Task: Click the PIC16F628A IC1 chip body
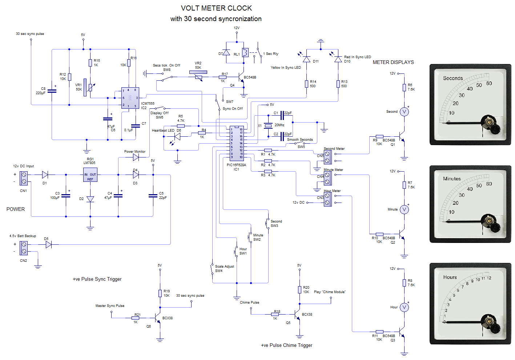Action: coord(236,143)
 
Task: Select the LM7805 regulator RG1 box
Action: coord(90,175)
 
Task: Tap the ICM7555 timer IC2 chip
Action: coord(130,98)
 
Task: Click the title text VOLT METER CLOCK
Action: coord(216,8)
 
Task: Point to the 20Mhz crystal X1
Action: coord(268,126)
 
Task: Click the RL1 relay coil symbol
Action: coord(245,53)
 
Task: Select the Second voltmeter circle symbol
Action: coord(404,112)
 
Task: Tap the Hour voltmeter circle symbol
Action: coord(404,307)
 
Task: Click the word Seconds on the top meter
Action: coord(452,78)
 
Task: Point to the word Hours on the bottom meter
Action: coord(450,277)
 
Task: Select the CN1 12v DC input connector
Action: coord(24,178)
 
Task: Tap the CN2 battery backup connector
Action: coord(24,248)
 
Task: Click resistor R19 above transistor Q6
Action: coord(160,293)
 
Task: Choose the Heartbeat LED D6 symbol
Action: coord(177,137)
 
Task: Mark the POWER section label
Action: coord(16,209)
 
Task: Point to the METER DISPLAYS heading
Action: coord(393,62)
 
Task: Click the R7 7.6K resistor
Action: coord(404,185)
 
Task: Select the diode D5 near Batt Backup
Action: coord(48,245)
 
